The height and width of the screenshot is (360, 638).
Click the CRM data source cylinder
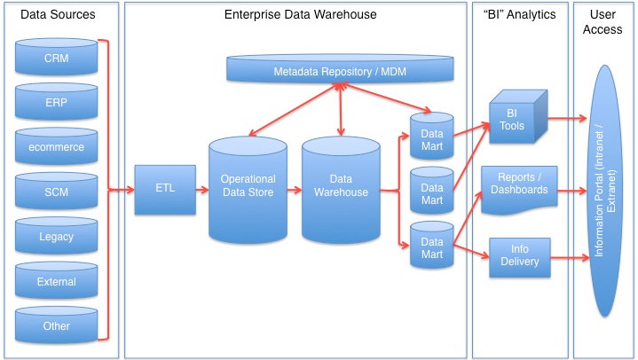pos(56,59)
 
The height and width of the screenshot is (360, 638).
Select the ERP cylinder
pos(56,103)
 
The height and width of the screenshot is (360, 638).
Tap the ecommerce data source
pos(56,147)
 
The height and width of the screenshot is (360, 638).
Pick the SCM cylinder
pos(56,192)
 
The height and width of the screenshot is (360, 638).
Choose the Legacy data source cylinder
pos(56,237)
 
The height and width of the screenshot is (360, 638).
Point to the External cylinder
pos(56,282)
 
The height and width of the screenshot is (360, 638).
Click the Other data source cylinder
pos(56,326)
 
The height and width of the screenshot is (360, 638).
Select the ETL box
pos(165,189)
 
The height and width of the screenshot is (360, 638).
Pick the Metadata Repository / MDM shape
pos(341,69)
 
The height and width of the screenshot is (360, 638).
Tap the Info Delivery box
pos(519,257)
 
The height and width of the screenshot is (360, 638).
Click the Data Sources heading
pos(58,15)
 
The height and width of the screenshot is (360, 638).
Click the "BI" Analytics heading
pos(520,15)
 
